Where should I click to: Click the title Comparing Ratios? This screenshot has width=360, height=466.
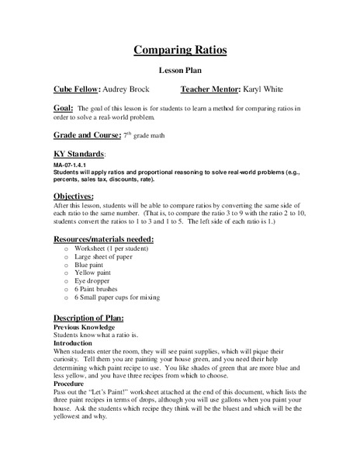(x=180, y=50)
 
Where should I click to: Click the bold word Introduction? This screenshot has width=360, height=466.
(x=72, y=342)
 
